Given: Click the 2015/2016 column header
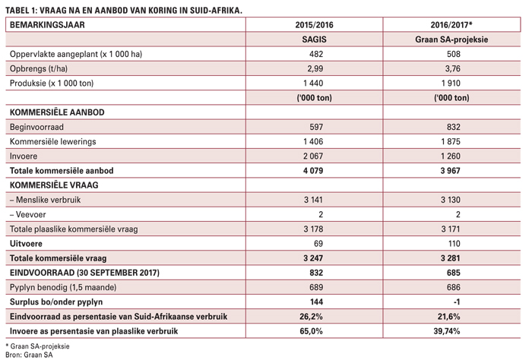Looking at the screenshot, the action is [314, 25].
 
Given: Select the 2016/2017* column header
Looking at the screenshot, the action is [451, 25].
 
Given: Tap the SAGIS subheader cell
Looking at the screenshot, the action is [314, 39].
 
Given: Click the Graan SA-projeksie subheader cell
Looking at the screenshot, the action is [451, 39].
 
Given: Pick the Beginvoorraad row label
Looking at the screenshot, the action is [36, 127].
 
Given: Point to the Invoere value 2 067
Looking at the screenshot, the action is [313, 156].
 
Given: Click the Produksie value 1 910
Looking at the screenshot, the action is [451, 83].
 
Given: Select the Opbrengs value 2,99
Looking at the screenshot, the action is [315, 68].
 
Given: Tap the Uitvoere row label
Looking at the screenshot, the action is [26, 243].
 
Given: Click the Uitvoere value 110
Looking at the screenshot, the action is [454, 243].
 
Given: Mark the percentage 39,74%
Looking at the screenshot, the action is [447, 331].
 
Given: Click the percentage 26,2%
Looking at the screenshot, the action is [311, 316].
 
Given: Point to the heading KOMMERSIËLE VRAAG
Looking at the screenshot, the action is [54, 185].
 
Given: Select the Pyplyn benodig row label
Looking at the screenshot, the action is [63, 287].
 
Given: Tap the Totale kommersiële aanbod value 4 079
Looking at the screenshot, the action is [313, 171].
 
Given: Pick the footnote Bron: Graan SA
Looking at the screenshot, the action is [29, 355].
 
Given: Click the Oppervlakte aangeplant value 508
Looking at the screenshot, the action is [454, 54].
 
